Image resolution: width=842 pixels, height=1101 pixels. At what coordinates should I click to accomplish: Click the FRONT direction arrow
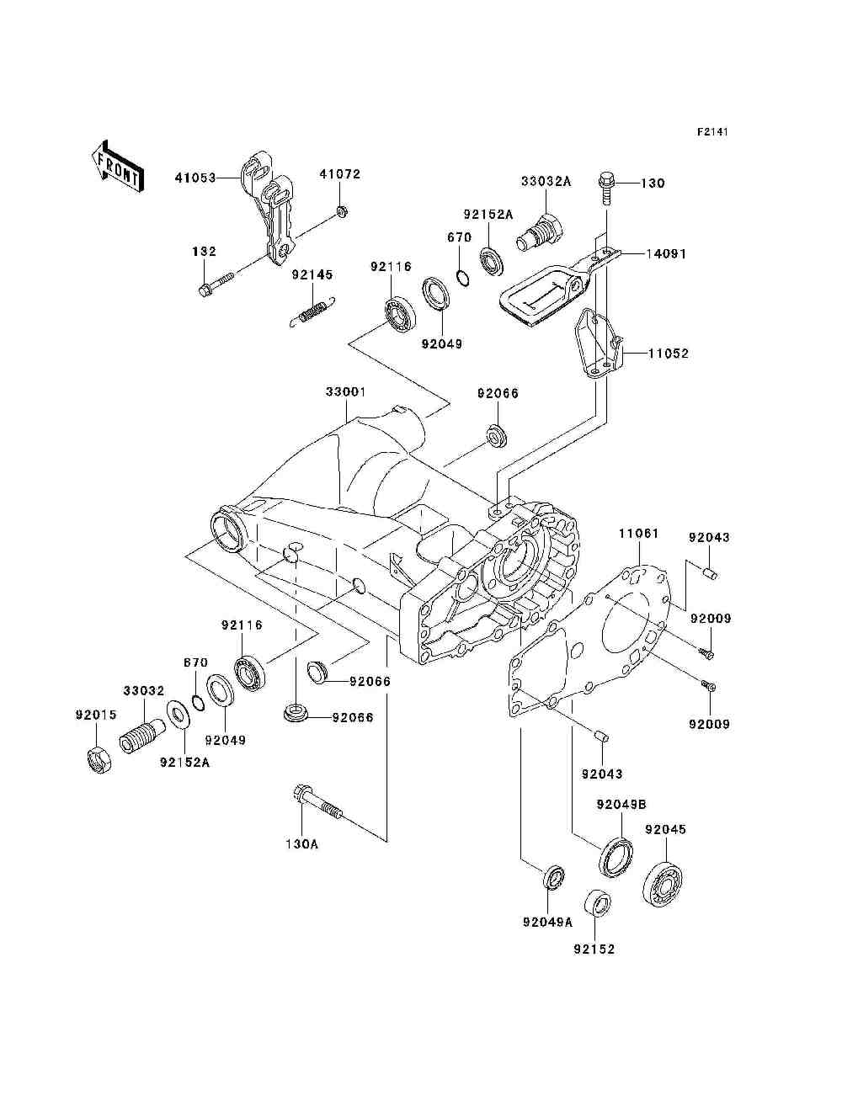(x=117, y=166)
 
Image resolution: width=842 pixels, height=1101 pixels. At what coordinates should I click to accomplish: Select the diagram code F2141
(x=712, y=132)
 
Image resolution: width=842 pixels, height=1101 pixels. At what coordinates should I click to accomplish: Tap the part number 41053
(x=195, y=178)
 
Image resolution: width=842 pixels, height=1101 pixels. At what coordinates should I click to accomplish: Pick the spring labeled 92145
(x=313, y=313)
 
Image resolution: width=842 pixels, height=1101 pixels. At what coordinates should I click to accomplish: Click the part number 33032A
(x=546, y=181)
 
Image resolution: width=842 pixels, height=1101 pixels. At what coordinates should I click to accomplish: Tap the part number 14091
(x=665, y=254)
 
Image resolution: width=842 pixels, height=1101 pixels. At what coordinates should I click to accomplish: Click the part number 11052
(x=669, y=354)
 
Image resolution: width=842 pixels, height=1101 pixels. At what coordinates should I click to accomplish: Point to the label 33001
(x=346, y=391)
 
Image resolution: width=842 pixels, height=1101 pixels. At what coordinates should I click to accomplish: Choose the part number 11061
(x=638, y=533)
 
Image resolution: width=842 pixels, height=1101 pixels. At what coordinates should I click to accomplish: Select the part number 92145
(x=312, y=275)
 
